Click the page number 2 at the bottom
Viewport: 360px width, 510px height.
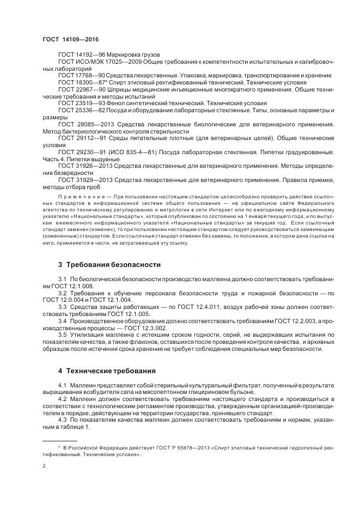44,466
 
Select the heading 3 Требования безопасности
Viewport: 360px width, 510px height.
109,265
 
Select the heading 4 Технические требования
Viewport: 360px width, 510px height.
107,371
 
